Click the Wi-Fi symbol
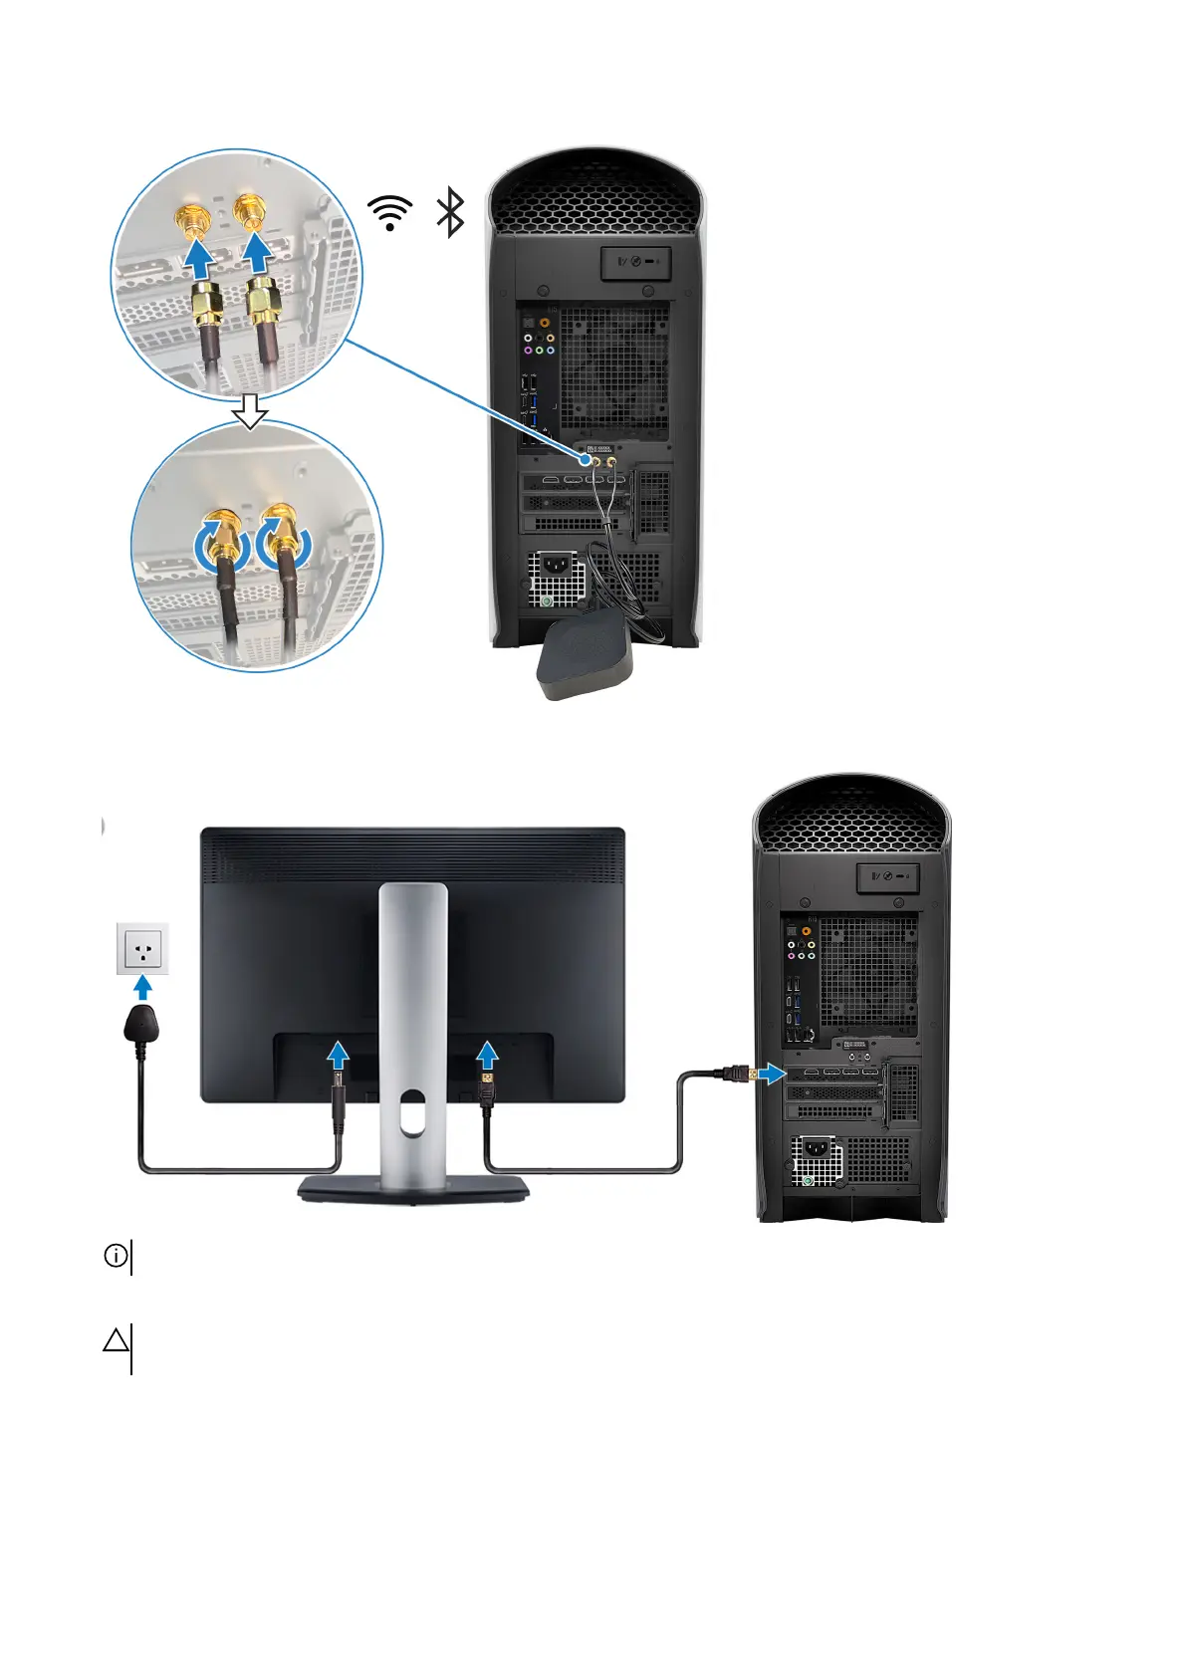389,212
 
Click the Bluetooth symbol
451,212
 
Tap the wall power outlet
143,947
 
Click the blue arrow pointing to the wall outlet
143,987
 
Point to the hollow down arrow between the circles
250,410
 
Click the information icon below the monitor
116,1256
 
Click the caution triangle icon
116,1340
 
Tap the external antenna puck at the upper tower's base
584,656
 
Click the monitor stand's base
413,1188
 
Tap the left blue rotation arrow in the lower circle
217,544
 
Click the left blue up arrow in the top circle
200,259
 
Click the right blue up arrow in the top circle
259,252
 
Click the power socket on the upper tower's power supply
553,570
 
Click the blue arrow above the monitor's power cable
339,1055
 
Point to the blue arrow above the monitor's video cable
487,1055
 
